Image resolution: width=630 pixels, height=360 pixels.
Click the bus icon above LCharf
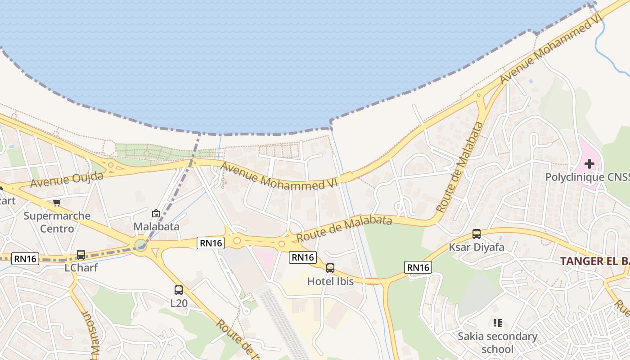tap(81, 255)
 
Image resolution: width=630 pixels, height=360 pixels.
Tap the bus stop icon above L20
tap(179, 290)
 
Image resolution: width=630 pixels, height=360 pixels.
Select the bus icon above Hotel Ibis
tap(330, 268)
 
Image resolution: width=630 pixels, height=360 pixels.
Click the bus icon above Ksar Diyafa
tap(477, 234)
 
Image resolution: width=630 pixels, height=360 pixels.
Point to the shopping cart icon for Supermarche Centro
tap(57, 203)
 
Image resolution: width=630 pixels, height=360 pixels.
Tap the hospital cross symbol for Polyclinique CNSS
tap(589, 164)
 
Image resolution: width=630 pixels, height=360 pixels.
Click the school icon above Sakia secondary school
tap(497, 323)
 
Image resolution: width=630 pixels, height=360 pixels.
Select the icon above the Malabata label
tap(156, 213)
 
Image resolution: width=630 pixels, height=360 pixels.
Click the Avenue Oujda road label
tap(67, 179)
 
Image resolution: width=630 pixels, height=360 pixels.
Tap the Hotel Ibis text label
tap(330, 281)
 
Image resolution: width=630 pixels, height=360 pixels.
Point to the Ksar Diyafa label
tap(477, 247)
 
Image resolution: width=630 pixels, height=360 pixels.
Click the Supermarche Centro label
tap(57, 222)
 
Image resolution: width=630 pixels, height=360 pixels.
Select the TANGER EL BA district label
tap(594, 261)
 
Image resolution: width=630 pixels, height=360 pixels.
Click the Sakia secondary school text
tap(497, 342)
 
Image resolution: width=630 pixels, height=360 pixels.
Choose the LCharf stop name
tap(81, 268)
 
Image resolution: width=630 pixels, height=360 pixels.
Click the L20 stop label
tap(179, 303)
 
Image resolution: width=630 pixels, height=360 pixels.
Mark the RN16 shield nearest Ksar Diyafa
tap(418, 267)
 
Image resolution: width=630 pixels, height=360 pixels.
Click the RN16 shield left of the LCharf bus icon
tap(25, 258)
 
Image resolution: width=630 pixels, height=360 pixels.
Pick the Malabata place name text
tap(156, 226)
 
